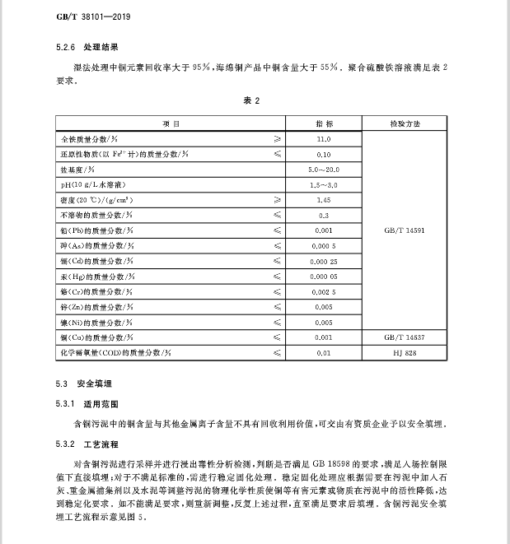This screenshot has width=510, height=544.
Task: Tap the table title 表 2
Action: (x=251, y=100)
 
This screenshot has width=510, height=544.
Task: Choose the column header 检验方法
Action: (x=405, y=124)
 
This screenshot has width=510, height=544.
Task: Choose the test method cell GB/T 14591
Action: (x=405, y=230)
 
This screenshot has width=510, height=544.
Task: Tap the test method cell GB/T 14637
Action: (x=405, y=337)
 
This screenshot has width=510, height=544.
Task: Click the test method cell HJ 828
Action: (x=405, y=352)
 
